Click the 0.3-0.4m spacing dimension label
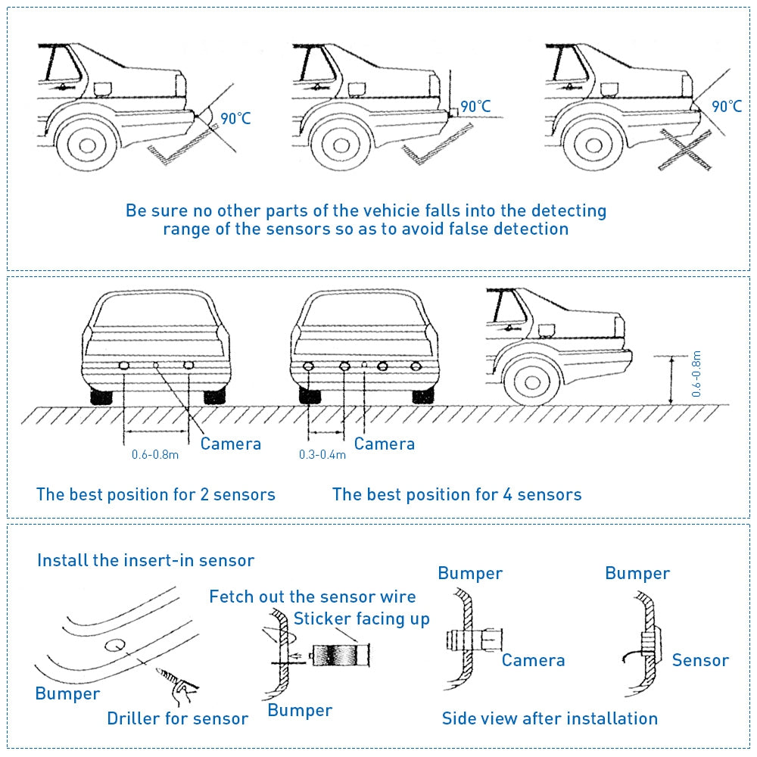[x=322, y=454]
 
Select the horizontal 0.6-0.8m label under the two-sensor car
[x=155, y=454]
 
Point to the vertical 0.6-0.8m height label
[x=696, y=374]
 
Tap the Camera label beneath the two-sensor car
[x=230, y=444]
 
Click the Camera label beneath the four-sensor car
[x=384, y=444]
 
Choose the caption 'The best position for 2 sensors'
[x=156, y=494]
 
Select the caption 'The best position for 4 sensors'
[x=456, y=494]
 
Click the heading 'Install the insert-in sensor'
[x=145, y=560]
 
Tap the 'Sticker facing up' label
[x=362, y=618]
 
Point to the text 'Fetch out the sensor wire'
[x=313, y=597]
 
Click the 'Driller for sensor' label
[x=177, y=718]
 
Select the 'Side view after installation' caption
[x=550, y=718]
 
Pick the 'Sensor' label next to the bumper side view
[x=700, y=660]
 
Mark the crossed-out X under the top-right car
[x=687, y=150]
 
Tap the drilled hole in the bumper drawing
[x=115, y=645]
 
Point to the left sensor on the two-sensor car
[x=123, y=366]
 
